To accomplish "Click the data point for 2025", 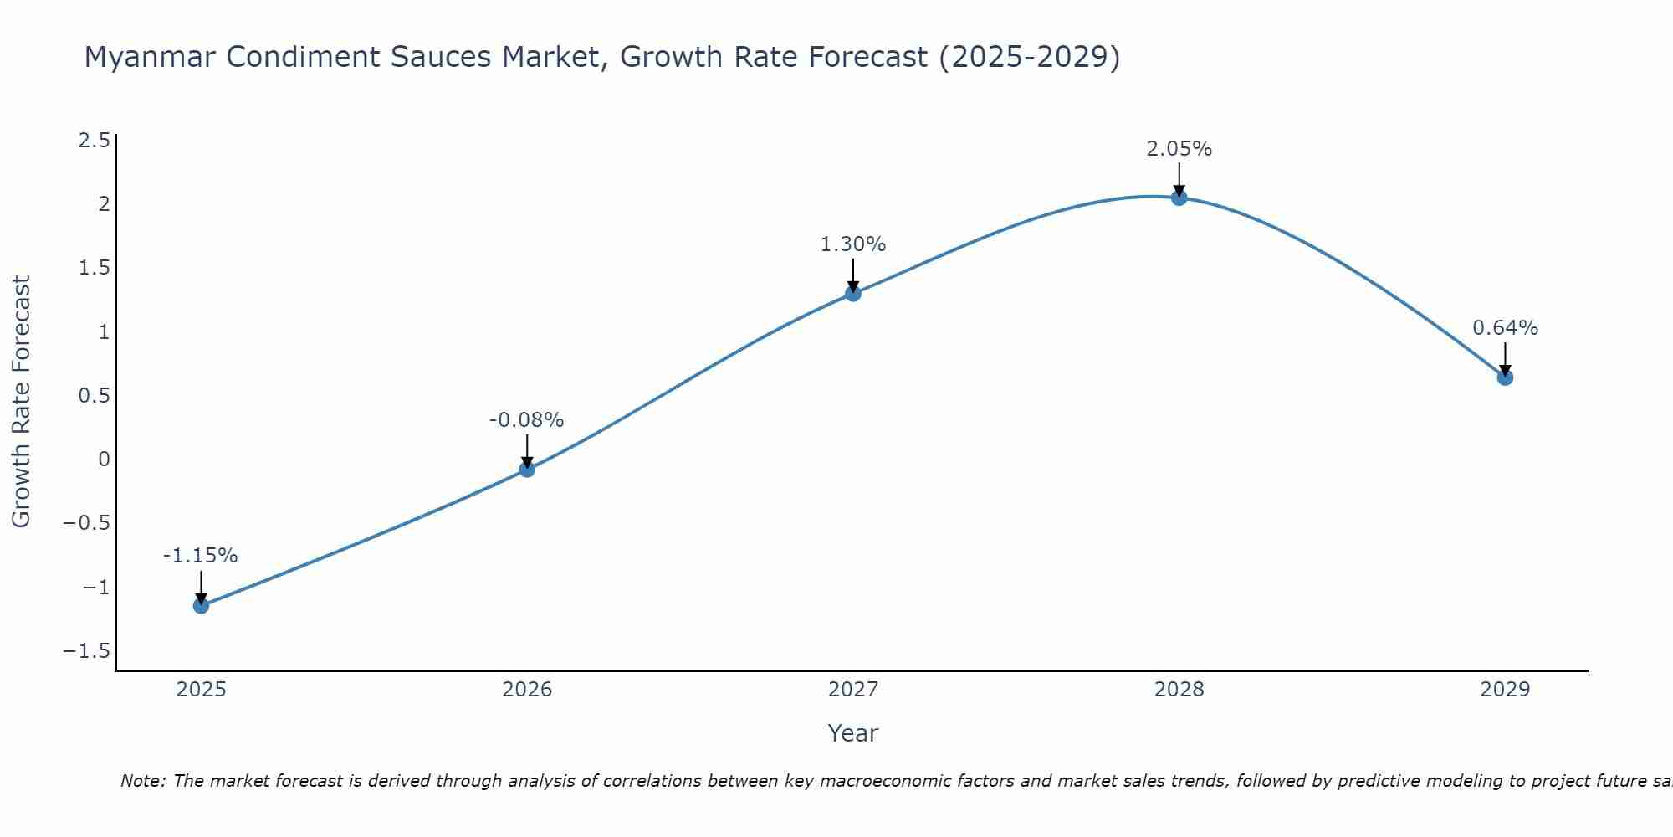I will (201, 605).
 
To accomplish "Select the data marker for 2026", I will (527, 469).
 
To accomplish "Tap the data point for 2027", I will (853, 293).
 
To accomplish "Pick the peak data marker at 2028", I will (1179, 198).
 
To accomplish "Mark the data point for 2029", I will (1505, 377).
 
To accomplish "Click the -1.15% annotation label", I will (201, 556).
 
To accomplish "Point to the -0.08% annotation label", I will (527, 419).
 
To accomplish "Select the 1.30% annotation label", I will (853, 244).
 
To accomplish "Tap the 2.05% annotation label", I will (1179, 149).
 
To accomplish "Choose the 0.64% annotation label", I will (1505, 328).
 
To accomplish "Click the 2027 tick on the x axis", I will (853, 690).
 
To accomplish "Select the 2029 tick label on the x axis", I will (1505, 690).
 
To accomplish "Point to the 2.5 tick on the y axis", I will (94, 141).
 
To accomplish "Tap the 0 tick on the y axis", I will (104, 460).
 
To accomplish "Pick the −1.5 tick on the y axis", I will (86, 651).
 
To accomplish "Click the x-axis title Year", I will (852, 733).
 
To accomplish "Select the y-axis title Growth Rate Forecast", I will (21, 401).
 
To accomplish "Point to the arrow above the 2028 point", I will (1179, 178).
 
